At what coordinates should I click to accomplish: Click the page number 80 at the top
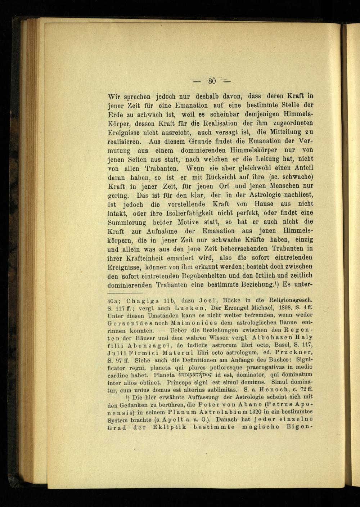coord(211,81)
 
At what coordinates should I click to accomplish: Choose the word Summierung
coord(127,222)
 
